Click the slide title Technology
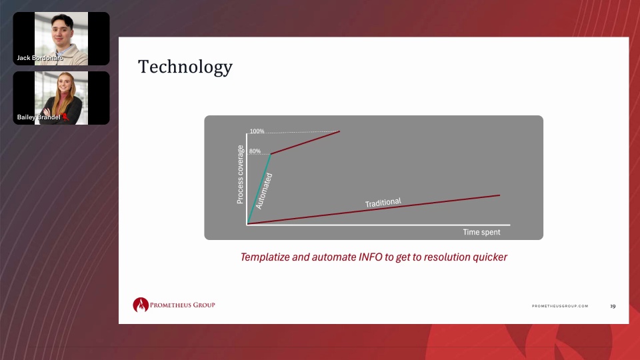coord(185,67)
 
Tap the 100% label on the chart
coord(257,131)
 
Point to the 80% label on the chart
coord(255,151)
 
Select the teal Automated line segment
coord(259,189)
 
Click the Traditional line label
coord(383,203)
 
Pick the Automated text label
coord(264,191)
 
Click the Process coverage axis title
coord(240,174)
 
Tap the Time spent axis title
coord(481,232)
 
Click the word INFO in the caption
coord(370,257)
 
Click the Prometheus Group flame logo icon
coord(141,305)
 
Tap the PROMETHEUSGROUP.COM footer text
coord(560,306)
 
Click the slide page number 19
coord(613,306)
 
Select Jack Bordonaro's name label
coord(39,58)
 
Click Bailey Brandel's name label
coord(39,117)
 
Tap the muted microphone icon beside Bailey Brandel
coord(65,117)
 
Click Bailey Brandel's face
coord(65,87)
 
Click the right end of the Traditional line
coord(500,195)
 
